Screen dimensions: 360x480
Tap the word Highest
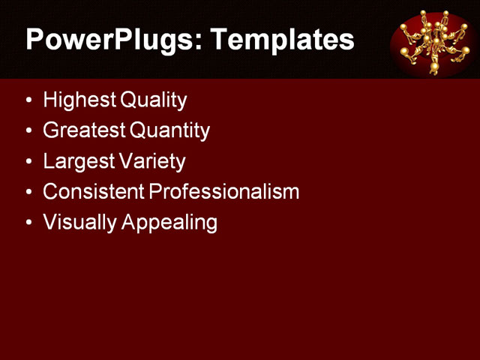[74, 100]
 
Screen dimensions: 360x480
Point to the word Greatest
[82, 130]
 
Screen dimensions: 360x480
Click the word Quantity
[169, 130]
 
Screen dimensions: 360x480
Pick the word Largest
[77, 161]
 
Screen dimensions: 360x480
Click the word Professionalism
[224, 192]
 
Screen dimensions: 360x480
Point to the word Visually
[74, 223]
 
